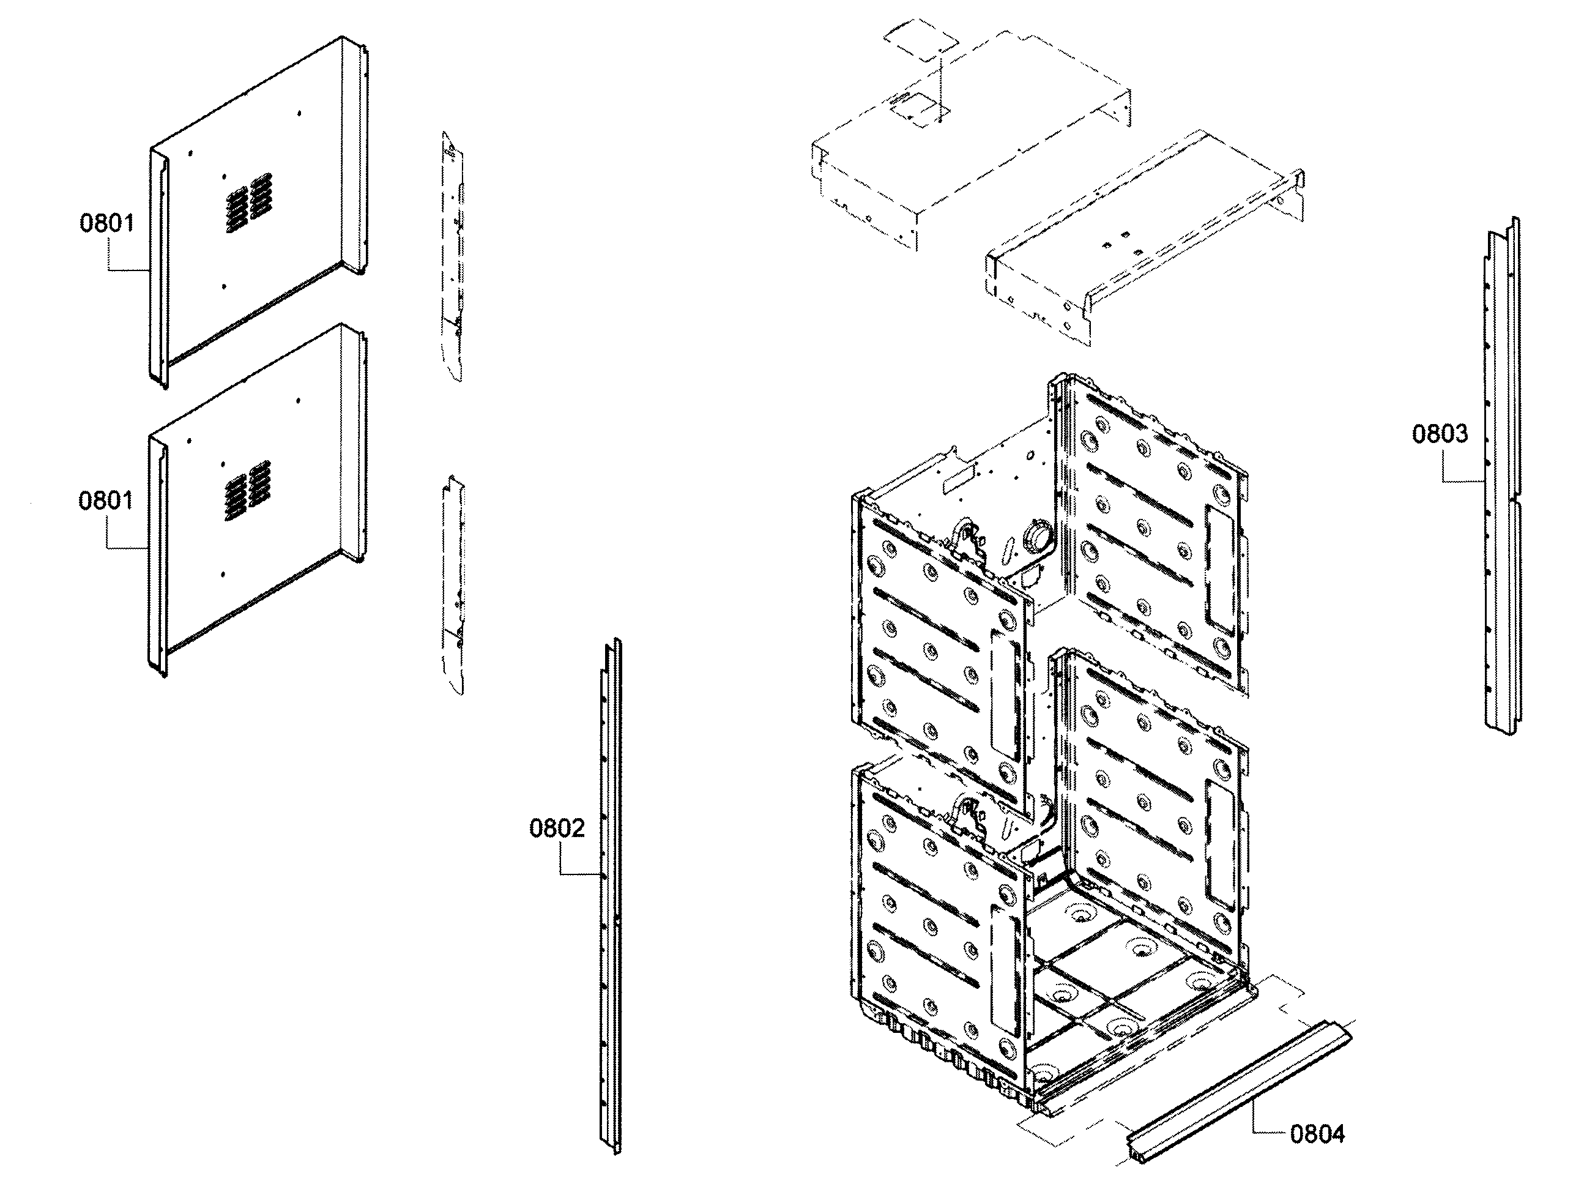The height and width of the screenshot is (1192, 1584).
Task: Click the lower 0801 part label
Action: [x=106, y=500]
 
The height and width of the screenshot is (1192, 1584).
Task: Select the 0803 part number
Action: [x=1440, y=433]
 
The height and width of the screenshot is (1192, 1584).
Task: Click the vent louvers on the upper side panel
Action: [x=248, y=203]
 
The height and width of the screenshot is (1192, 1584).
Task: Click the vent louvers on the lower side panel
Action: [x=248, y=490]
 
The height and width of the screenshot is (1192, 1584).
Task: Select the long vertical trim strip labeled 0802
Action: [x=611, y=895]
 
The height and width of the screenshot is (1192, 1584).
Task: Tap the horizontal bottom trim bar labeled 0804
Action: [x=1239, y=1092]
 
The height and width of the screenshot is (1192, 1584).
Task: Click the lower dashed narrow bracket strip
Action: [x=453, y=584]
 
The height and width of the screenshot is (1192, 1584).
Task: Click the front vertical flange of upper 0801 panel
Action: [x=158, y=272]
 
